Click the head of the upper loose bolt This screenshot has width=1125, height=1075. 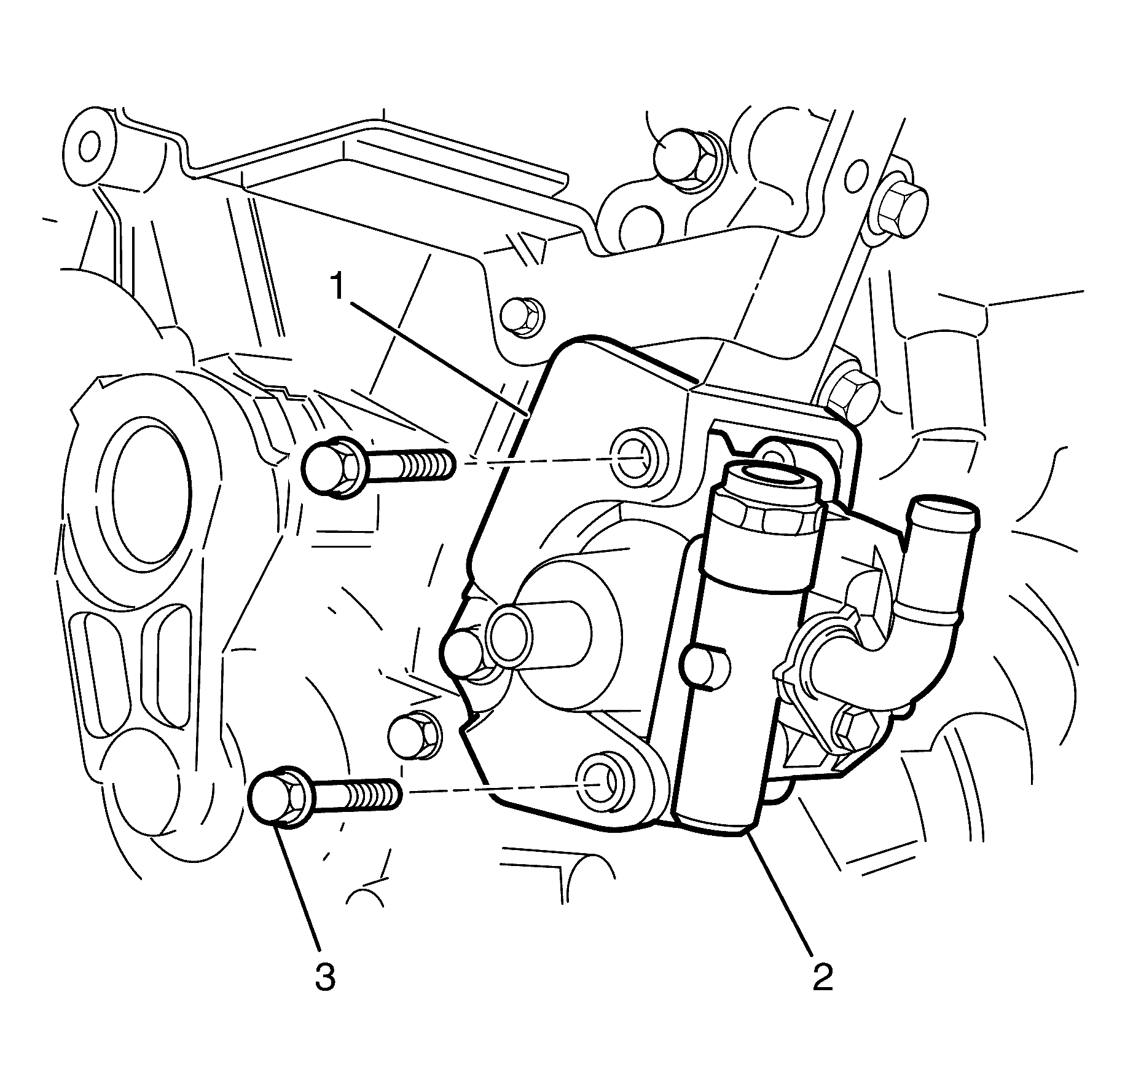(x=327, y=468)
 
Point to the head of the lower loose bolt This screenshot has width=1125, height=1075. (x=273, y=795)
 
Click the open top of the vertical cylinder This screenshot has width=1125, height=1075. (x=772, y=477)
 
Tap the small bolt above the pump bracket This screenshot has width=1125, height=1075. (x=523, y=317)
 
